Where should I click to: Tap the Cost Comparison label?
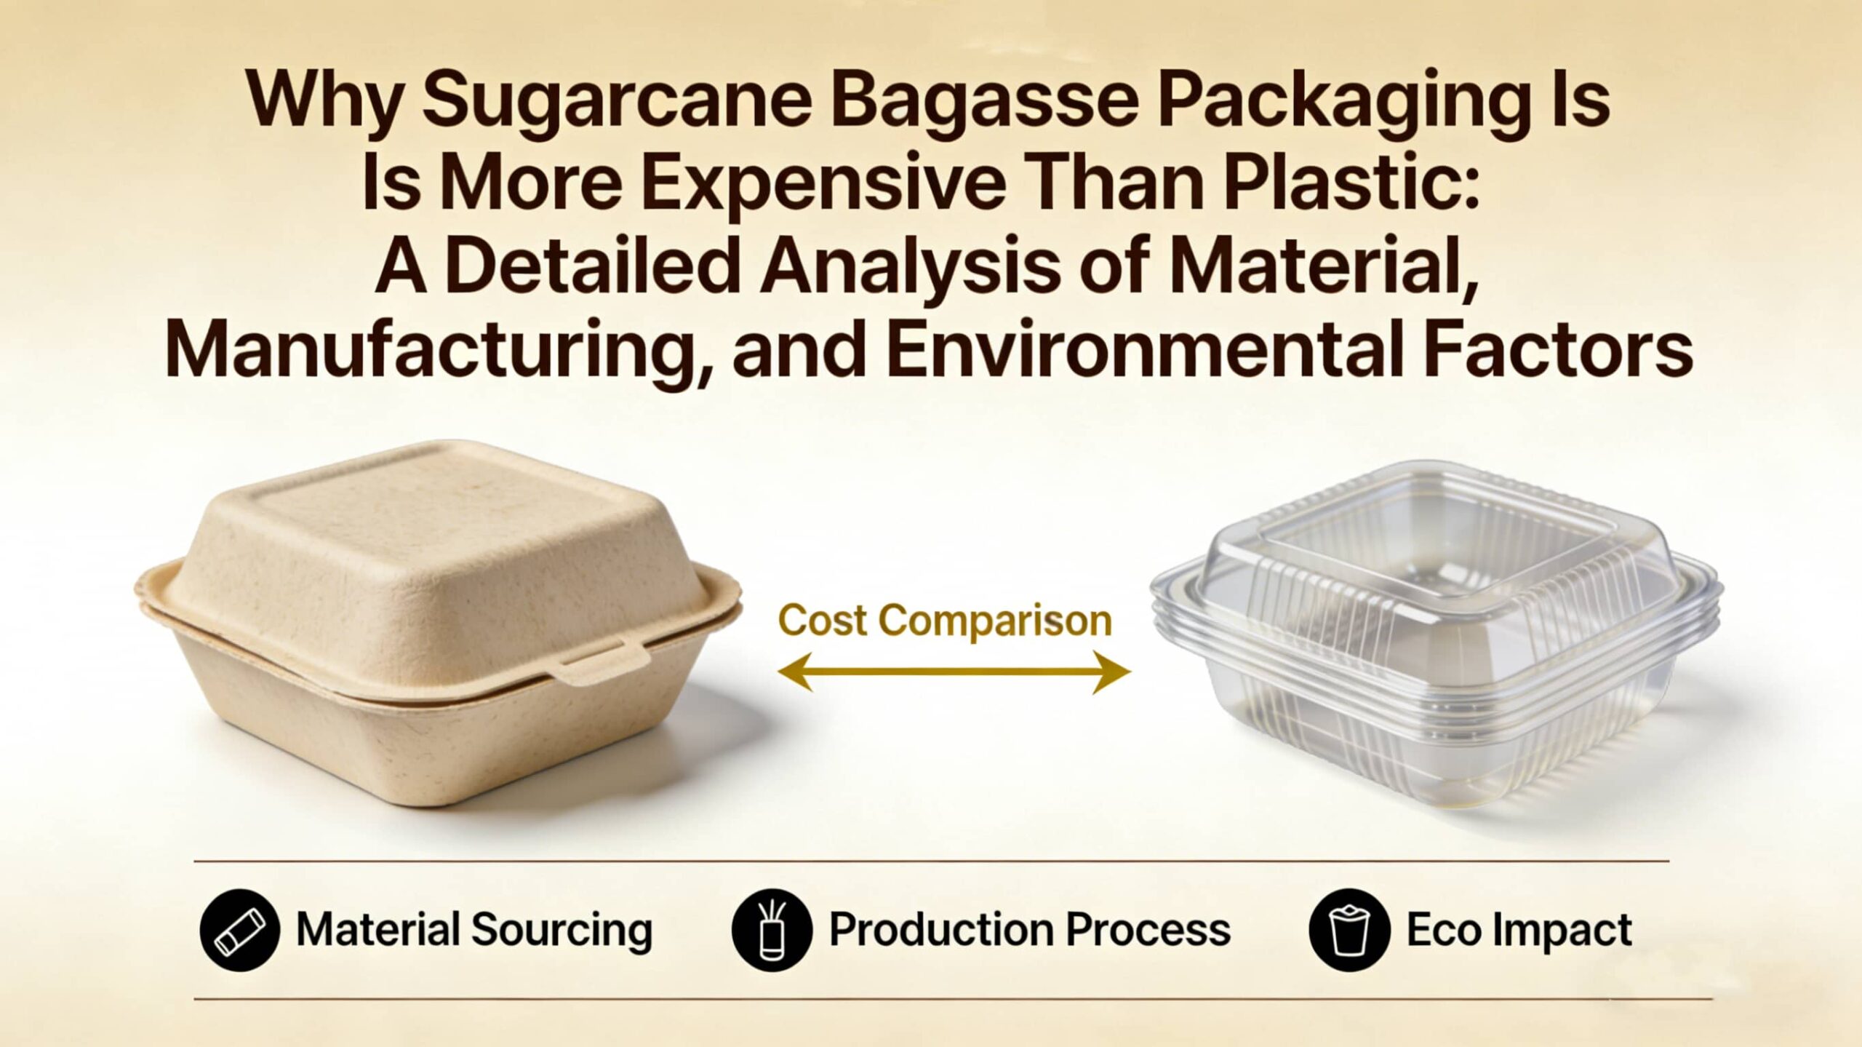tap(944, 621)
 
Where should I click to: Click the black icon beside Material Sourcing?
tap(239, 931)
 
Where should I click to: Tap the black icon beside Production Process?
tap(771, 931)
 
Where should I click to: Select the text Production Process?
tap(1030, 931)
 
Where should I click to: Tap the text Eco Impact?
tap(1519, 931)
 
